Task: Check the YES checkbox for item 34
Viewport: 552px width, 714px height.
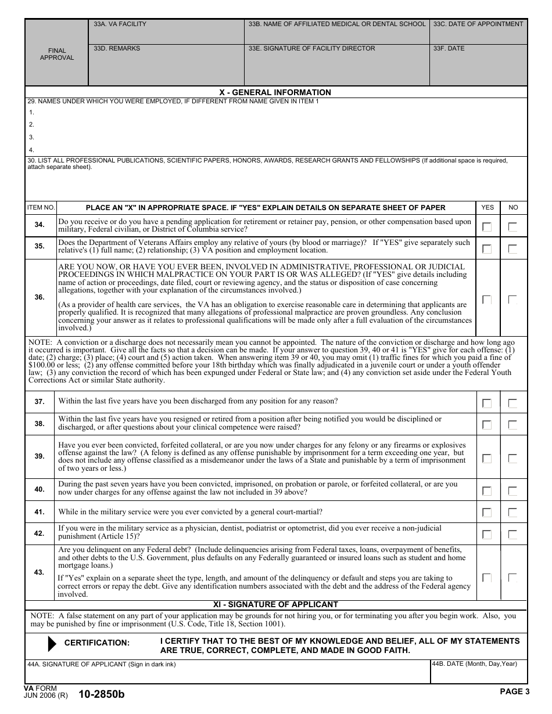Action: [x=487, y=227]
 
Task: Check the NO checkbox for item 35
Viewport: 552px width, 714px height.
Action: [x=512, y=249]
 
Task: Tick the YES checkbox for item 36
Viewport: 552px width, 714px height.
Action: [x=487, y=300]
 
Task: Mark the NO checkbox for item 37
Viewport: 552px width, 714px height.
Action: [x=512, y=403]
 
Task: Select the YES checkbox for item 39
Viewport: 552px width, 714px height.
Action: [x=487, y=459]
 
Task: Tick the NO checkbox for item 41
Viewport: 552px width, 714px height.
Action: [x=512, y=513]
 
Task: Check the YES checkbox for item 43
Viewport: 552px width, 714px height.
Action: [x=487, y=578]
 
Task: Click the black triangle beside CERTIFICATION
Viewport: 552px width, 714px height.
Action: [x=52, y=643]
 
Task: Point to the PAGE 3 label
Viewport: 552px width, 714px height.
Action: [x=514, y=691]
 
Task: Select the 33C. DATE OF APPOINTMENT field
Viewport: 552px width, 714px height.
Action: [x=478, y=34]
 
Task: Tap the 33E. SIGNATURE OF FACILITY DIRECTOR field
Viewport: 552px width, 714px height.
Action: [x=336, y=67]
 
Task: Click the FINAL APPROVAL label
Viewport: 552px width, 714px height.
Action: [x=57, y=54]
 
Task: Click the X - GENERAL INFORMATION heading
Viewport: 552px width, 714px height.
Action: [x=275, y=92]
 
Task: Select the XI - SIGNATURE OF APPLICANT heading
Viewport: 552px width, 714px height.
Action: [x=275, y=604]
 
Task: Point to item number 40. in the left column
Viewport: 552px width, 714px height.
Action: [x=40, y=489]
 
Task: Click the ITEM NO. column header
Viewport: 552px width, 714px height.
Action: [x=41, y=207]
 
